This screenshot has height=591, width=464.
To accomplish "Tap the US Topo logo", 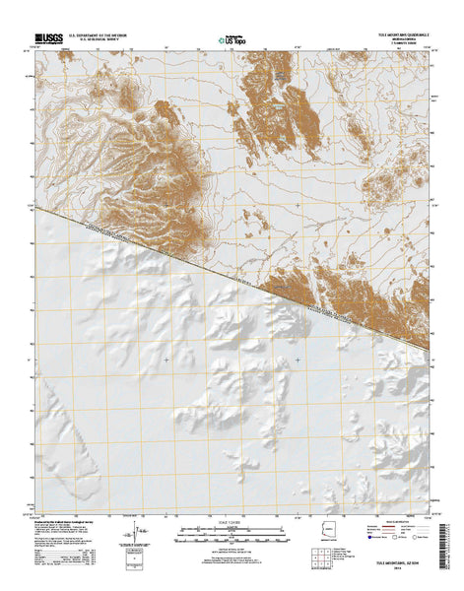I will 232,39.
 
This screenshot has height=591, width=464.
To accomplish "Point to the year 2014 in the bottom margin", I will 406,568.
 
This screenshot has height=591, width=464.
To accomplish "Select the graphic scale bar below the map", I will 232,537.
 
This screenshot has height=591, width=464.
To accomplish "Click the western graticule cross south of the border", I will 166,359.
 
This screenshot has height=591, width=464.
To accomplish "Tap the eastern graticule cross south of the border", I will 298,359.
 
